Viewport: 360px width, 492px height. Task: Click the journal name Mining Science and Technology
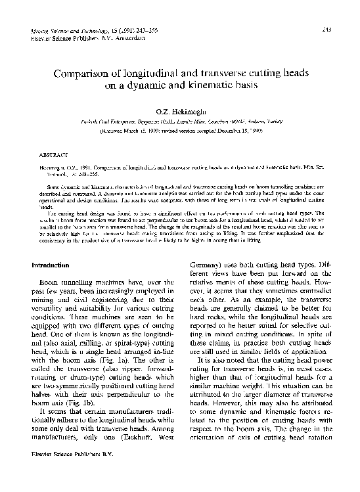pos(65,31)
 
